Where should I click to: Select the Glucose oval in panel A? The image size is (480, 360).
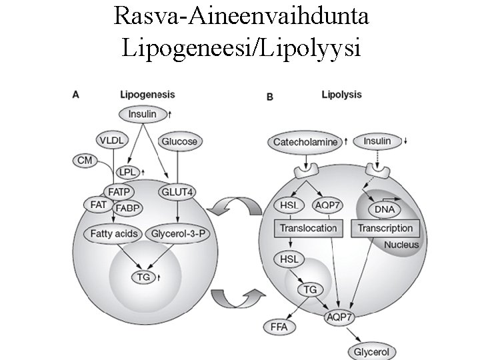click(179, 141)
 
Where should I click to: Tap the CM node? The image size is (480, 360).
click(85, 160)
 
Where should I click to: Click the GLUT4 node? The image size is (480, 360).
click(178, 192)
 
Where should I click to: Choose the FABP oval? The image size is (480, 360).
click(127, 208)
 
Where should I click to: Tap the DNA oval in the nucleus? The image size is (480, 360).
click(384, 209)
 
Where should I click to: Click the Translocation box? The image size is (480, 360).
click(308, 228)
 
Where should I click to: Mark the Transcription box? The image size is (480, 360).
click(385, 228)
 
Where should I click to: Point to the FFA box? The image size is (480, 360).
click(280, 327)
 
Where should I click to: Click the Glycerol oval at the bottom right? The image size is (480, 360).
click(371, 351)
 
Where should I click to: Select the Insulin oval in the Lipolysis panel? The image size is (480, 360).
click(377, 141)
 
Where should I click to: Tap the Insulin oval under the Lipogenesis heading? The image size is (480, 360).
click(142, 113)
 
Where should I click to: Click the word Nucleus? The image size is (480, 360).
click(401, 245)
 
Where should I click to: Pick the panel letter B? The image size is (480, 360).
click(269, 97)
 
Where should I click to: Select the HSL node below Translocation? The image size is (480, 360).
click(287, 258)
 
